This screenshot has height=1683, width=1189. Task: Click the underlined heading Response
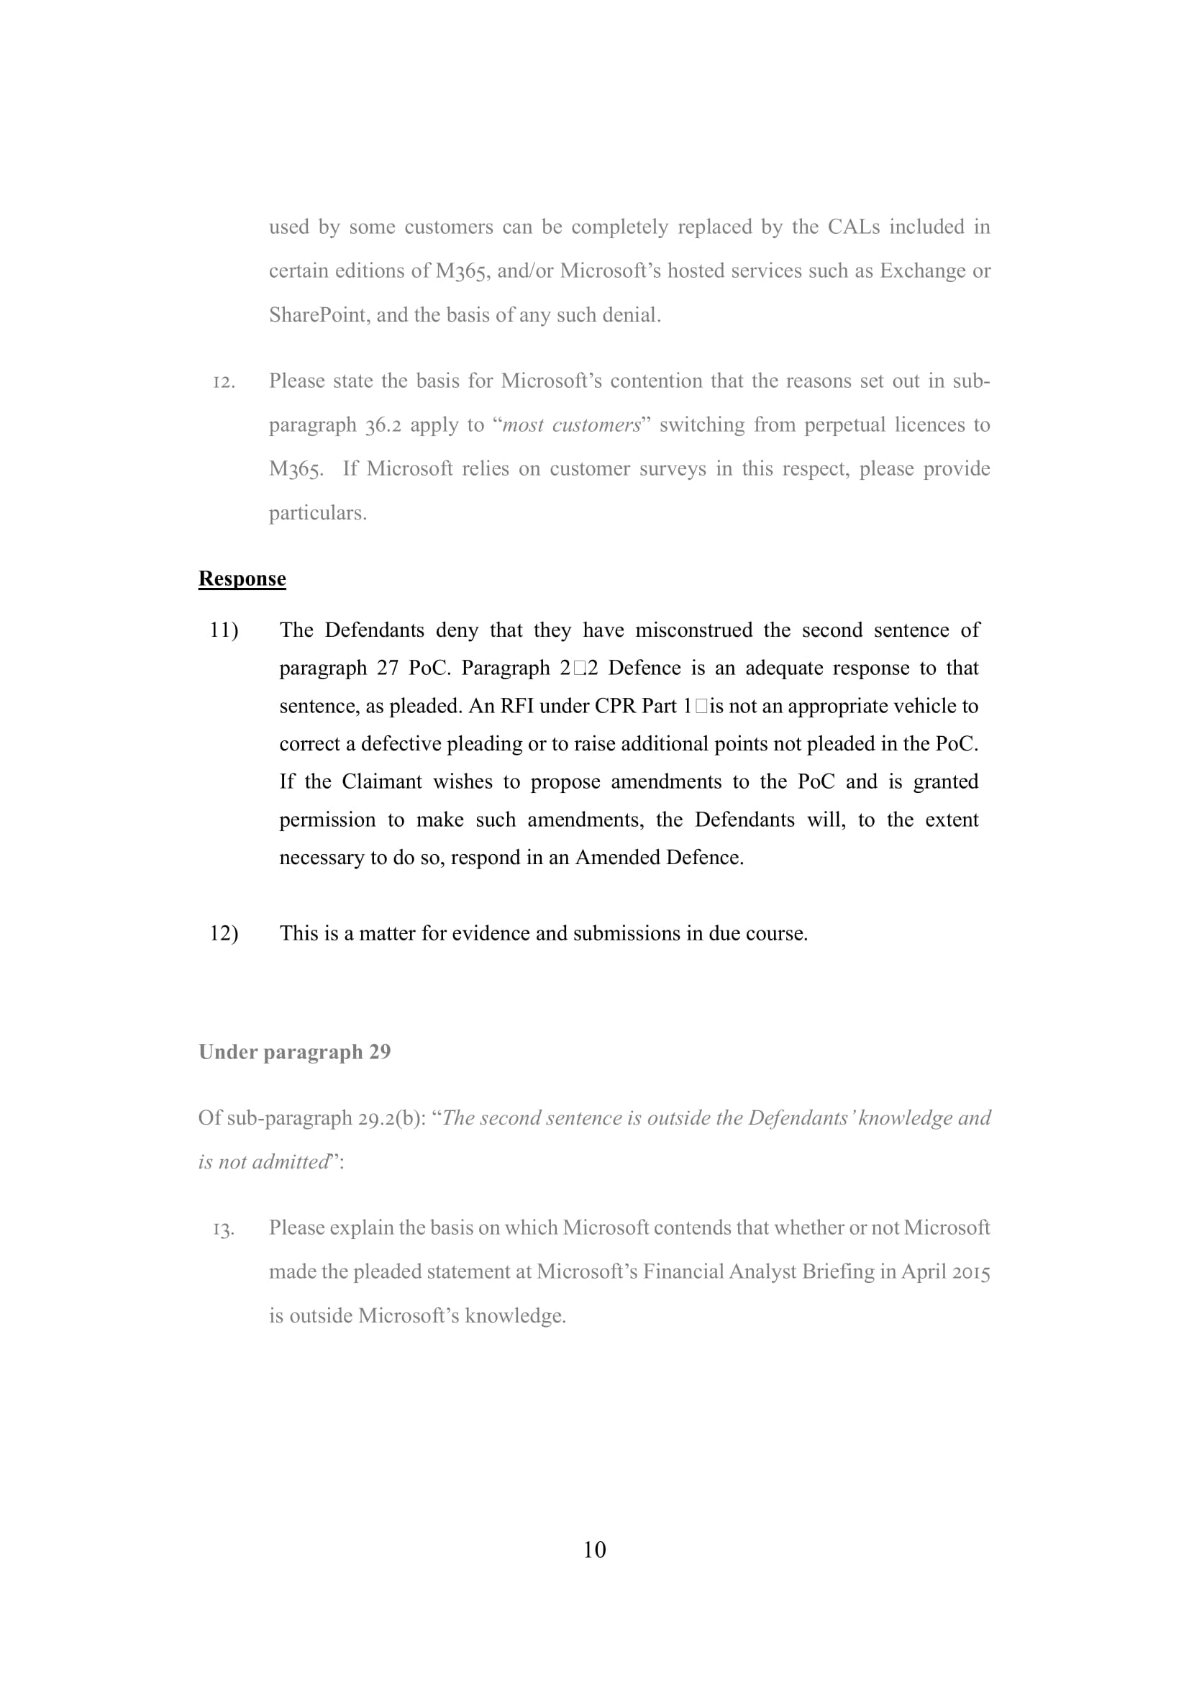(x=242, y=579)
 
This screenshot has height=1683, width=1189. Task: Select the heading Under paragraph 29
(x=294, y=1052)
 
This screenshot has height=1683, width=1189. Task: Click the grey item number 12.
(x=224, y=382)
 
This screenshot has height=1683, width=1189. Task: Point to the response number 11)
(x=224, y=630)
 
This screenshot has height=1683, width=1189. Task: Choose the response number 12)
(x=224, y=933)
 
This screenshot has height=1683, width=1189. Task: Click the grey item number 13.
(x=224, y=1228)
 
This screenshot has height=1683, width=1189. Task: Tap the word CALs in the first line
(x=854, y=227)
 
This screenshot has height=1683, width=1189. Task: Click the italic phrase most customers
(x=570, y=425)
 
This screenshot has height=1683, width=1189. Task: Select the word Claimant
(x=382, y=781)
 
